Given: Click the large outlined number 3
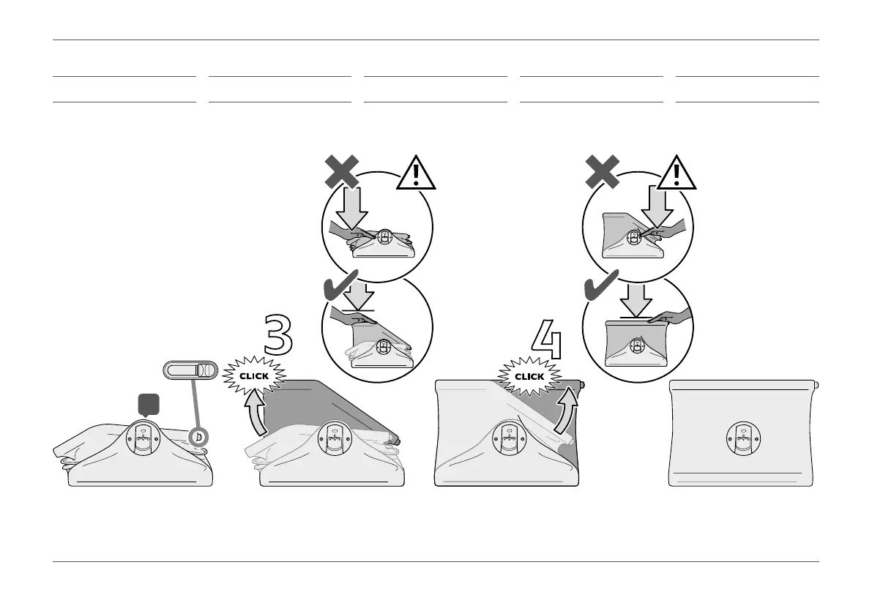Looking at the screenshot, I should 278,337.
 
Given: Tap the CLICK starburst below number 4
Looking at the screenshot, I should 529,376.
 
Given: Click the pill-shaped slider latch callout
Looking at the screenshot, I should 190,370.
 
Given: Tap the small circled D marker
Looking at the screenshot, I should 197,437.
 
